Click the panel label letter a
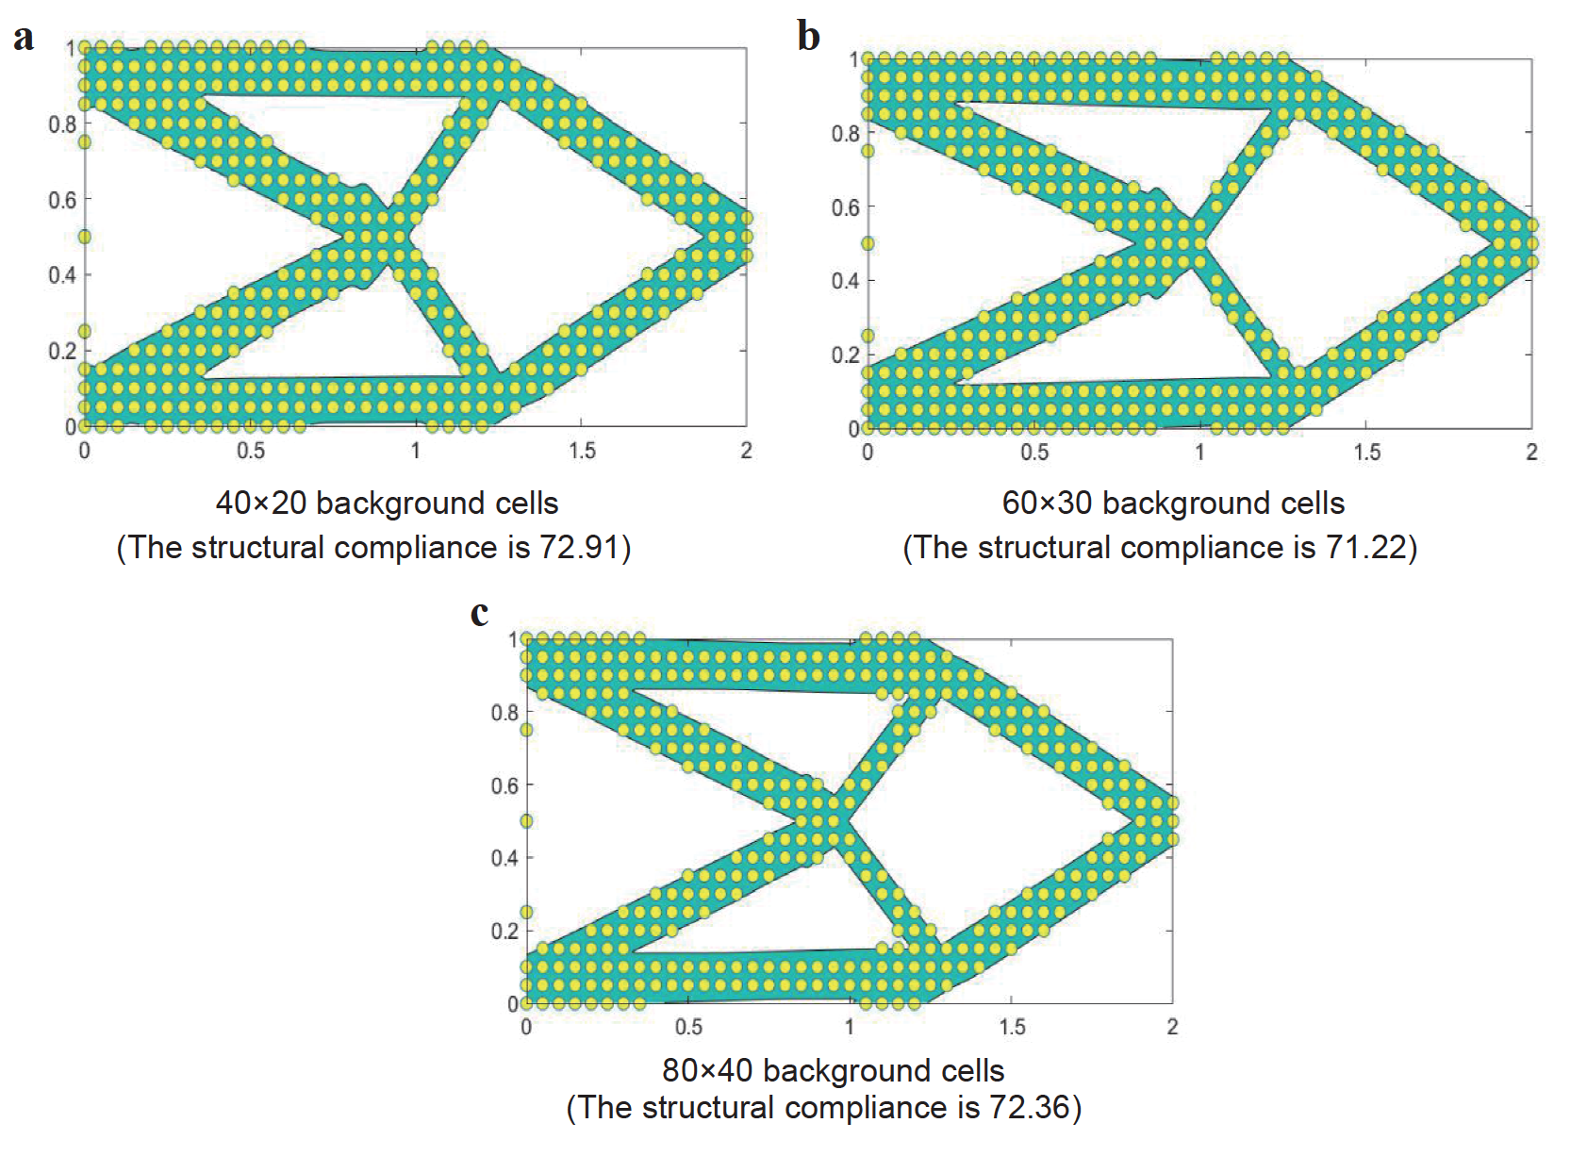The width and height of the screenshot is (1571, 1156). pos(24,38)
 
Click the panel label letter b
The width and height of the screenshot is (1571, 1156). pos(808,37)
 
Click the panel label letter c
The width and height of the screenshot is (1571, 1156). pos(479,613)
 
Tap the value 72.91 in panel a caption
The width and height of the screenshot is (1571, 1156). pos(579,548)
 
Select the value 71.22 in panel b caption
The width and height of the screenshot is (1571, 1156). pos(1365,548)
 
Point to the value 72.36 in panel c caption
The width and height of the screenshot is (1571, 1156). pos(1030,1107)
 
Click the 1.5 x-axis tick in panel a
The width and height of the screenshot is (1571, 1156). pos(582,451)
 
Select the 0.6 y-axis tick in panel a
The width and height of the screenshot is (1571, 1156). pos(62,200)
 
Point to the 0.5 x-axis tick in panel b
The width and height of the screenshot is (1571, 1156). pos(1034,453)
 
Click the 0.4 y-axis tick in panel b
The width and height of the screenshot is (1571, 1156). pos(846,281)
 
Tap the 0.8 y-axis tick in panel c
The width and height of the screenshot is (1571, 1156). pos(505,713)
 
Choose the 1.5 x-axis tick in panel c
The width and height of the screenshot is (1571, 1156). pos(1012,1027)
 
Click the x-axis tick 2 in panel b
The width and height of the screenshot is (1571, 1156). pos(1531,453)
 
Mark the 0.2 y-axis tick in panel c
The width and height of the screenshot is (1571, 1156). pos(505,932)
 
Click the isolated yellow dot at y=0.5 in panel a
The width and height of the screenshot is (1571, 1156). pos(85,237)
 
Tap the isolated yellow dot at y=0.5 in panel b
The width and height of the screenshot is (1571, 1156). pos(868,243)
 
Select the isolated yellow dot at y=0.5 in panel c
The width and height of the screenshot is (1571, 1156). pos(526,821)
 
